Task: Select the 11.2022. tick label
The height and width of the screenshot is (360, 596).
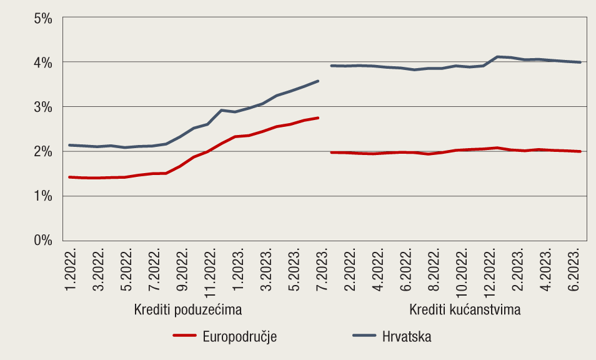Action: point(211,270)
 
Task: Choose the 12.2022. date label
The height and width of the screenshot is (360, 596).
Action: point(491,270)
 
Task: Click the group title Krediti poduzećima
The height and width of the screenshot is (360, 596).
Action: point(188,309)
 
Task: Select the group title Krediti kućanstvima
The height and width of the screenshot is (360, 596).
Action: point(465,309)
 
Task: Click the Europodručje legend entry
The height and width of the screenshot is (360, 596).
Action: point(239,336)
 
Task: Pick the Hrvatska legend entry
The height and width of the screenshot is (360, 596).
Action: point(407,336)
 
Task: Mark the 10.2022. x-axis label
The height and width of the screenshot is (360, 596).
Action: point(463,270)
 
